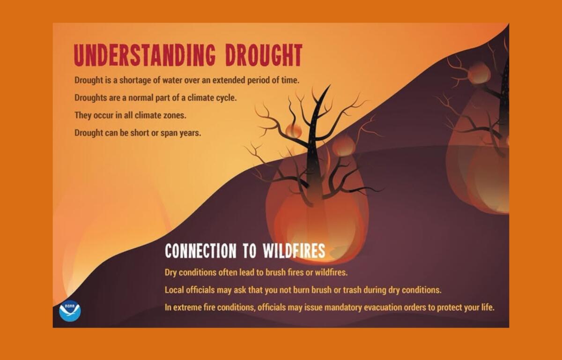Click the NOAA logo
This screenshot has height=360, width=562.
tap(70, 311)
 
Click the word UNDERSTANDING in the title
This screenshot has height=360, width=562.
tap(145, 55)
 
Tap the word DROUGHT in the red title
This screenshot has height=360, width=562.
tap(264, 55)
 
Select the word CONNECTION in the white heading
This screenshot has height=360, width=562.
tap(200, 250)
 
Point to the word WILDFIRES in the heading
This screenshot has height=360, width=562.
tap(294, 250)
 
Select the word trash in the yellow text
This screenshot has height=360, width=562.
tap(352, 290)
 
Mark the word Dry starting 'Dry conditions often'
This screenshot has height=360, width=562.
tap(170, 273)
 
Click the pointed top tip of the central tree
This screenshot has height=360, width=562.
tap(330, 85)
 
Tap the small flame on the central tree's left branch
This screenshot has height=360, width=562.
tap(294, 130)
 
